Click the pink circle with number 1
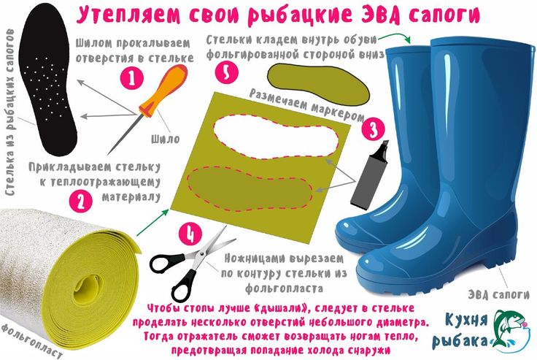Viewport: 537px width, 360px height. (x=132, y=78)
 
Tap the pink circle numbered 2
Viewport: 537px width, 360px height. (x=81, y=202)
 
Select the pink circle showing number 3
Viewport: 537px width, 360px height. (x=373, y=129)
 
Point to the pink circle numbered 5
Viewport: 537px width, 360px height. (x=227, y=72)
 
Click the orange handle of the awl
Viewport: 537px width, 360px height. (x=163, y=90)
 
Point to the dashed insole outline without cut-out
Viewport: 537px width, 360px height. (x=250, y=188)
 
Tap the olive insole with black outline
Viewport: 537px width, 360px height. (x=318, y=84)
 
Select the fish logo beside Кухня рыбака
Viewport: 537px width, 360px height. (x=509, y=330)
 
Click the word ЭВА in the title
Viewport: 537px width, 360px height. (x=380, y=15)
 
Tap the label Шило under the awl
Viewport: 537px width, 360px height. (x=166, y=139)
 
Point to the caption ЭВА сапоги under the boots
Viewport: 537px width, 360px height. (x=498, y=294)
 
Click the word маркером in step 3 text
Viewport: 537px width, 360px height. (x=338, y=111)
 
